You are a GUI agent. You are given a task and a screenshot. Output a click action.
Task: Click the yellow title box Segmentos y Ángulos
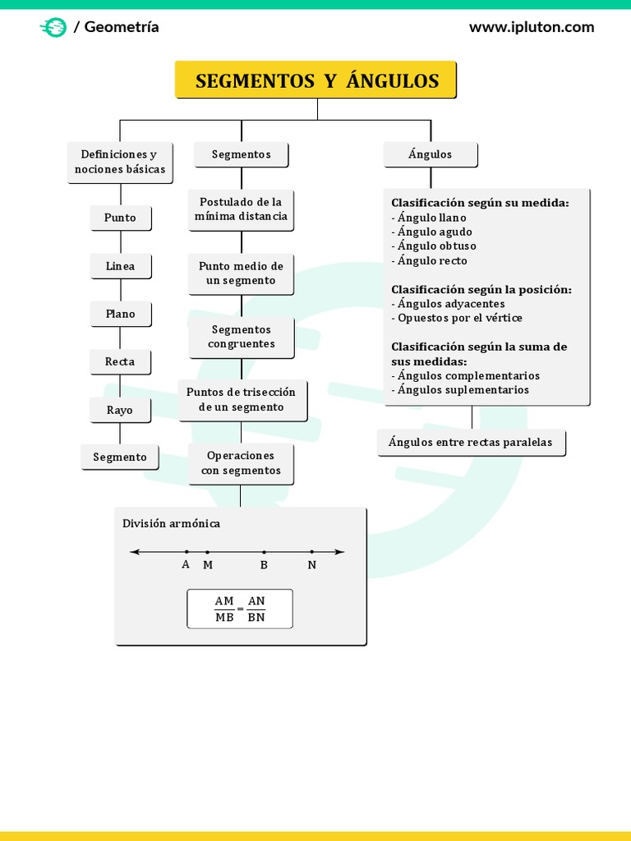[x=316, y=80]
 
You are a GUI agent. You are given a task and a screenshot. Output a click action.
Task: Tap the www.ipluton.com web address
[x=531, y=27]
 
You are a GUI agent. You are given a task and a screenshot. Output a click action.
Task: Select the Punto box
[x=120, y=218]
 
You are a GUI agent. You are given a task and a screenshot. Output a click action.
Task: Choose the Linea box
[x=120, y=266]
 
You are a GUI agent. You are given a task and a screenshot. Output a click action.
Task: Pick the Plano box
[x=120, y=314]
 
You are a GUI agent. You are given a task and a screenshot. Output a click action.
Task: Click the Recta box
[x=120, y=361]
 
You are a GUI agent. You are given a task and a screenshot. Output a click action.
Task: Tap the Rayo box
[x=120, y=410]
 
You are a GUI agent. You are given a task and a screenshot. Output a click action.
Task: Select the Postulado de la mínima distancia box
[x=241, y=209]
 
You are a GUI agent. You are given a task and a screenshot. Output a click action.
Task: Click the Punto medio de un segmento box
[x=241, y=273]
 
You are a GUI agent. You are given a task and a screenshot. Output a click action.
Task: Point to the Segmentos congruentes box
[x=241, y=337]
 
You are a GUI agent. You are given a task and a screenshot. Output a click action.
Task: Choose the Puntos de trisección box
[x=241, y=400]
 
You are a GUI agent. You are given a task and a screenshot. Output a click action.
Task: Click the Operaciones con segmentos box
[x=241, y=463]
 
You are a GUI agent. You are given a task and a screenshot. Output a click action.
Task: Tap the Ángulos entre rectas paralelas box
[x=471, y=442]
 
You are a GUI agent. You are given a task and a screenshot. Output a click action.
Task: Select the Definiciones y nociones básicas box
[x=120, y=162]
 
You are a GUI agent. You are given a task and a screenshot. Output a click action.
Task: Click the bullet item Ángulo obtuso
[x=436, y=246]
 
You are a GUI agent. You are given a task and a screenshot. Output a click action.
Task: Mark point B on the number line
[x=264, y=553]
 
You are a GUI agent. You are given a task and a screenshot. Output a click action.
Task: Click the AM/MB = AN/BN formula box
[x=240, y=609]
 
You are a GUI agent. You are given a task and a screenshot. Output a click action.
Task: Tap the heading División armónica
[x=171, y=523]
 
